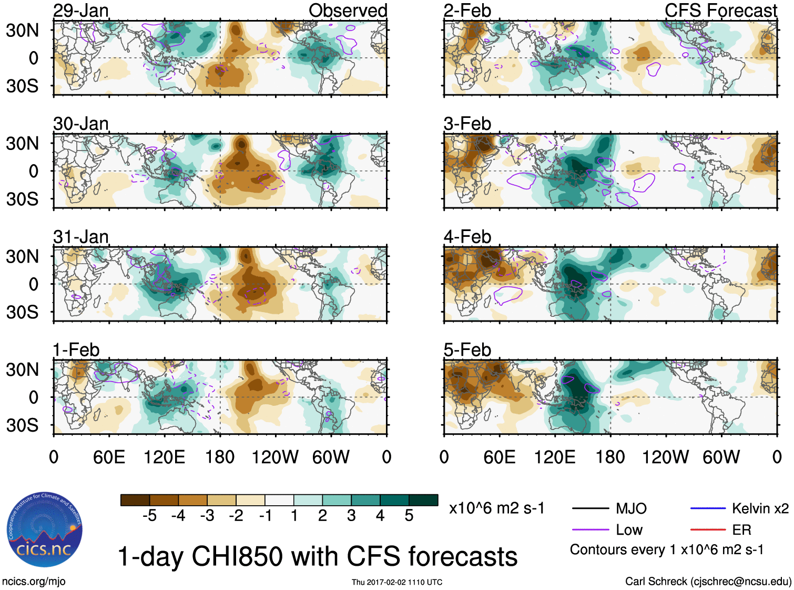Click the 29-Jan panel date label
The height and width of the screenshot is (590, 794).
coord(81,11)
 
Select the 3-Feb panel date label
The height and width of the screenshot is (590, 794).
coord(467,124)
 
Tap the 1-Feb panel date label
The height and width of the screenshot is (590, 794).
coord(76,350)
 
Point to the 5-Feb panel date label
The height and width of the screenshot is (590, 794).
coord(467,350)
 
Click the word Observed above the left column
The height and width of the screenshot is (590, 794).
coord(348,11)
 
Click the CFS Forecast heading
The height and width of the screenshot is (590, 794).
coord(720,11)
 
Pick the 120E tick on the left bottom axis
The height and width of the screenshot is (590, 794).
coord(164,457)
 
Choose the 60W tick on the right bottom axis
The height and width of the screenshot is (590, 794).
coord(721,457)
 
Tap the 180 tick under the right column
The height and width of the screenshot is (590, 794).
coord(610,457)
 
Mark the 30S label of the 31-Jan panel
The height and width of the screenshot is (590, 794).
coord(22,312)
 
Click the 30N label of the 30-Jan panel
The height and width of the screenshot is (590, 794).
coord(22,143)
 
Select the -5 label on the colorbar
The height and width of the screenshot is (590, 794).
coord(149,516)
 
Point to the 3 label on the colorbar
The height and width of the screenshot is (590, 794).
coord(351,516)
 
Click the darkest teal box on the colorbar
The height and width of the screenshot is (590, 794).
coord(423,500)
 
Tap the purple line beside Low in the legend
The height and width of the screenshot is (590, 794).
coord(590,529)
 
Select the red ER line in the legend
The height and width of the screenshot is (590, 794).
coord(708,529)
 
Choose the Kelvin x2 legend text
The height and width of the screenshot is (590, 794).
coord(760,508)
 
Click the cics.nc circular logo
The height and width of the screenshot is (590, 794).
coord(44,529)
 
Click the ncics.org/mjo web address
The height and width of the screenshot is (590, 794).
coord(34,581)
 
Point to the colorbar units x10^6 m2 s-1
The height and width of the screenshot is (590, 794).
coord(496,508)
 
